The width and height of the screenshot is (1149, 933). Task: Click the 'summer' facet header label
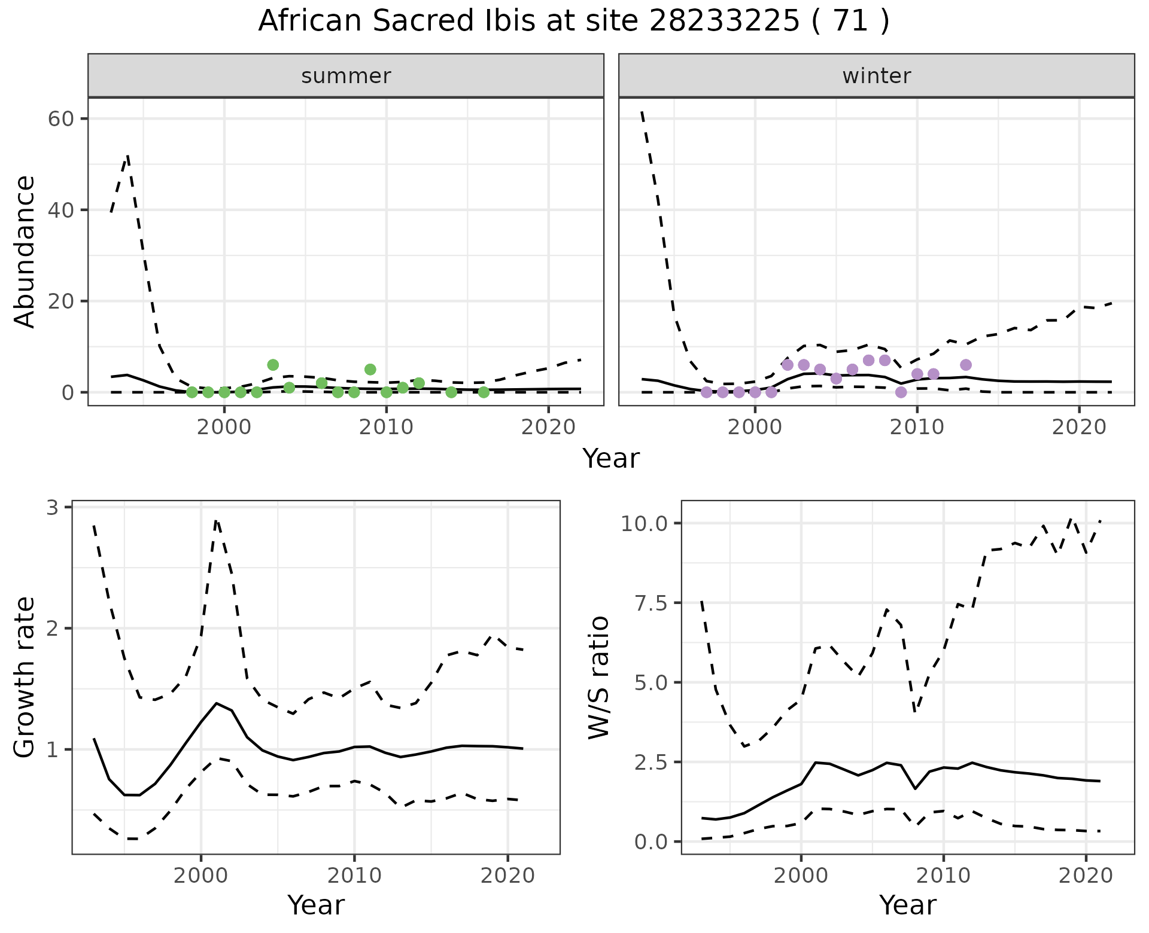coord(346,76)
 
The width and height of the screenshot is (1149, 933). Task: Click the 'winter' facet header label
coord(876,76)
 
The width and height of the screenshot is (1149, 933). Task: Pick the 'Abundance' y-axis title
coord(25,252)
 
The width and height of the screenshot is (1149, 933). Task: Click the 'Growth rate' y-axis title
coord(25,678)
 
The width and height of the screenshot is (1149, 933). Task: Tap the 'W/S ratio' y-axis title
coord(598,678)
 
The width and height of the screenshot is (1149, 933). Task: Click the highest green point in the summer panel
coord(273,365)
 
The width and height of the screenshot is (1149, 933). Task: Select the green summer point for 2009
coord(370,370)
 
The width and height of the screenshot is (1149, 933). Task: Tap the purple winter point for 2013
coord(965,365)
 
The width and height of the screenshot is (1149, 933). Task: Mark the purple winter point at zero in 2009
coord(901,392)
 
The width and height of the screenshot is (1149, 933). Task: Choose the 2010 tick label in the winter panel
coord(917,427)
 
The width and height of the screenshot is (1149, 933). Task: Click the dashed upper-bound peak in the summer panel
coord(127,156)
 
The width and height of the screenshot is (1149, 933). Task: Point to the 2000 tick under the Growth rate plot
coord(201,876)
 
